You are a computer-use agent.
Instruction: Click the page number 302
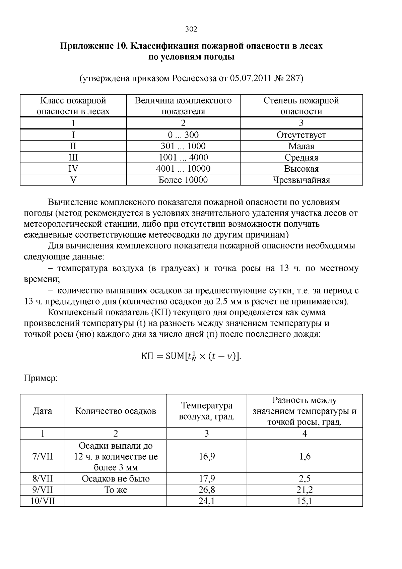coord(191,29)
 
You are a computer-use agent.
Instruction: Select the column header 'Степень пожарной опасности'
coord(301,106)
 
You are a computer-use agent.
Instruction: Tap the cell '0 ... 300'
coord(183,135)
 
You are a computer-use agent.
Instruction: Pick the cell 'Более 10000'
coord(183,180)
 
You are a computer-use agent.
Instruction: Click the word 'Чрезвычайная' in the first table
coord(301,180)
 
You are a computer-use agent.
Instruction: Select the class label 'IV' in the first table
coord(73,168)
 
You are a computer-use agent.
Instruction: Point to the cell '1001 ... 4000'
coord(183,157)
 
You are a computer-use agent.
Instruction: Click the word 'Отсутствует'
coord(301,135)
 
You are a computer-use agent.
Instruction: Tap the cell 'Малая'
coord(301,146)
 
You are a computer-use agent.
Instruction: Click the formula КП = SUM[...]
coord(191,356)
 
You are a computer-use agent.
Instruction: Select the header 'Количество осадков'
coord(116,411)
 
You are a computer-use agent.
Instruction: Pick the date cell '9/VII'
coord(43,490)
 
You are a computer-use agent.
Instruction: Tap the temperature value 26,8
coord(207,490)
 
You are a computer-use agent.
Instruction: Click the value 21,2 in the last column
coord(305,490)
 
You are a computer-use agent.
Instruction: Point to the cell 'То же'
coord(116,490)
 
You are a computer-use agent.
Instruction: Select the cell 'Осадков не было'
coord(116,478)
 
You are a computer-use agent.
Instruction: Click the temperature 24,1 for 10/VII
coord(207,501)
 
